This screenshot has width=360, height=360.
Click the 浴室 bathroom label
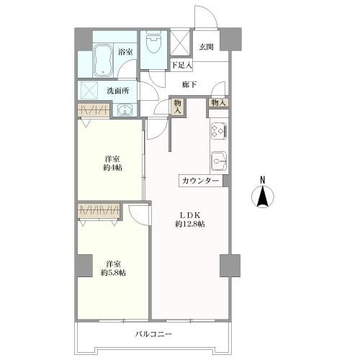coord(125,52)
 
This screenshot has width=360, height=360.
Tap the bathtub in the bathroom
coord(101,59)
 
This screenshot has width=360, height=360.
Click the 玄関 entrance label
coord(207,47)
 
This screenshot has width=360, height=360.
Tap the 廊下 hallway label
coord(189,85)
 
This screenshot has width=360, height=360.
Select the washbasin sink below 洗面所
coord(124,110)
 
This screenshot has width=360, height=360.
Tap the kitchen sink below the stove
coord(219,158)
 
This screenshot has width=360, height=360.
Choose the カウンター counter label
coord(202,181)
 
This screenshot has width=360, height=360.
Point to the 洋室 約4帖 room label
coord(111,163)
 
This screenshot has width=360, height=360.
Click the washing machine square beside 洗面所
coord(90,91)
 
